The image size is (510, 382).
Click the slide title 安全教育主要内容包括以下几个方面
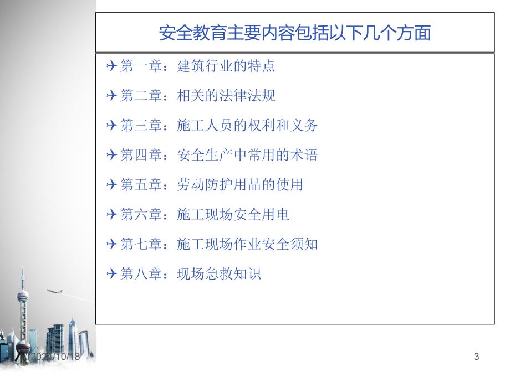pos(295,33)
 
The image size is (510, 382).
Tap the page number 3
pos(477,357)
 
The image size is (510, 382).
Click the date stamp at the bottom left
pos(55,357)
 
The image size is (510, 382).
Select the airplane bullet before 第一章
pos(111,66)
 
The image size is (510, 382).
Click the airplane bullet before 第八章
pos(111,273)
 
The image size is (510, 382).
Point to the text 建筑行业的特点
pos(226,66)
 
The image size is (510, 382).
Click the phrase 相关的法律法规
pos(226,95)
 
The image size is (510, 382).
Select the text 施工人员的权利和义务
pos(247,125)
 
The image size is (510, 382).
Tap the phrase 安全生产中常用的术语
pos(247,155)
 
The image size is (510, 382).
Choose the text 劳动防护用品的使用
pos(240,184)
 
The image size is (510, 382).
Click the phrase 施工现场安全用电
pos(233,214)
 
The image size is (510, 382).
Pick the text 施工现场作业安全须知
pos(247,244)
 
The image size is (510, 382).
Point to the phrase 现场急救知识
pos(219,273)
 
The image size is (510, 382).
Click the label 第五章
pos(141,184)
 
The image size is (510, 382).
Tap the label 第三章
pos(141,125)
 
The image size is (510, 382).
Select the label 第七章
pos(141,244)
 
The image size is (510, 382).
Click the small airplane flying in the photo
pos(55,291)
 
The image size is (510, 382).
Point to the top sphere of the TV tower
pos(23,296)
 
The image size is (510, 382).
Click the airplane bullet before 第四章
pos(111,155)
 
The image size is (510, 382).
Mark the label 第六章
pos(141,214)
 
